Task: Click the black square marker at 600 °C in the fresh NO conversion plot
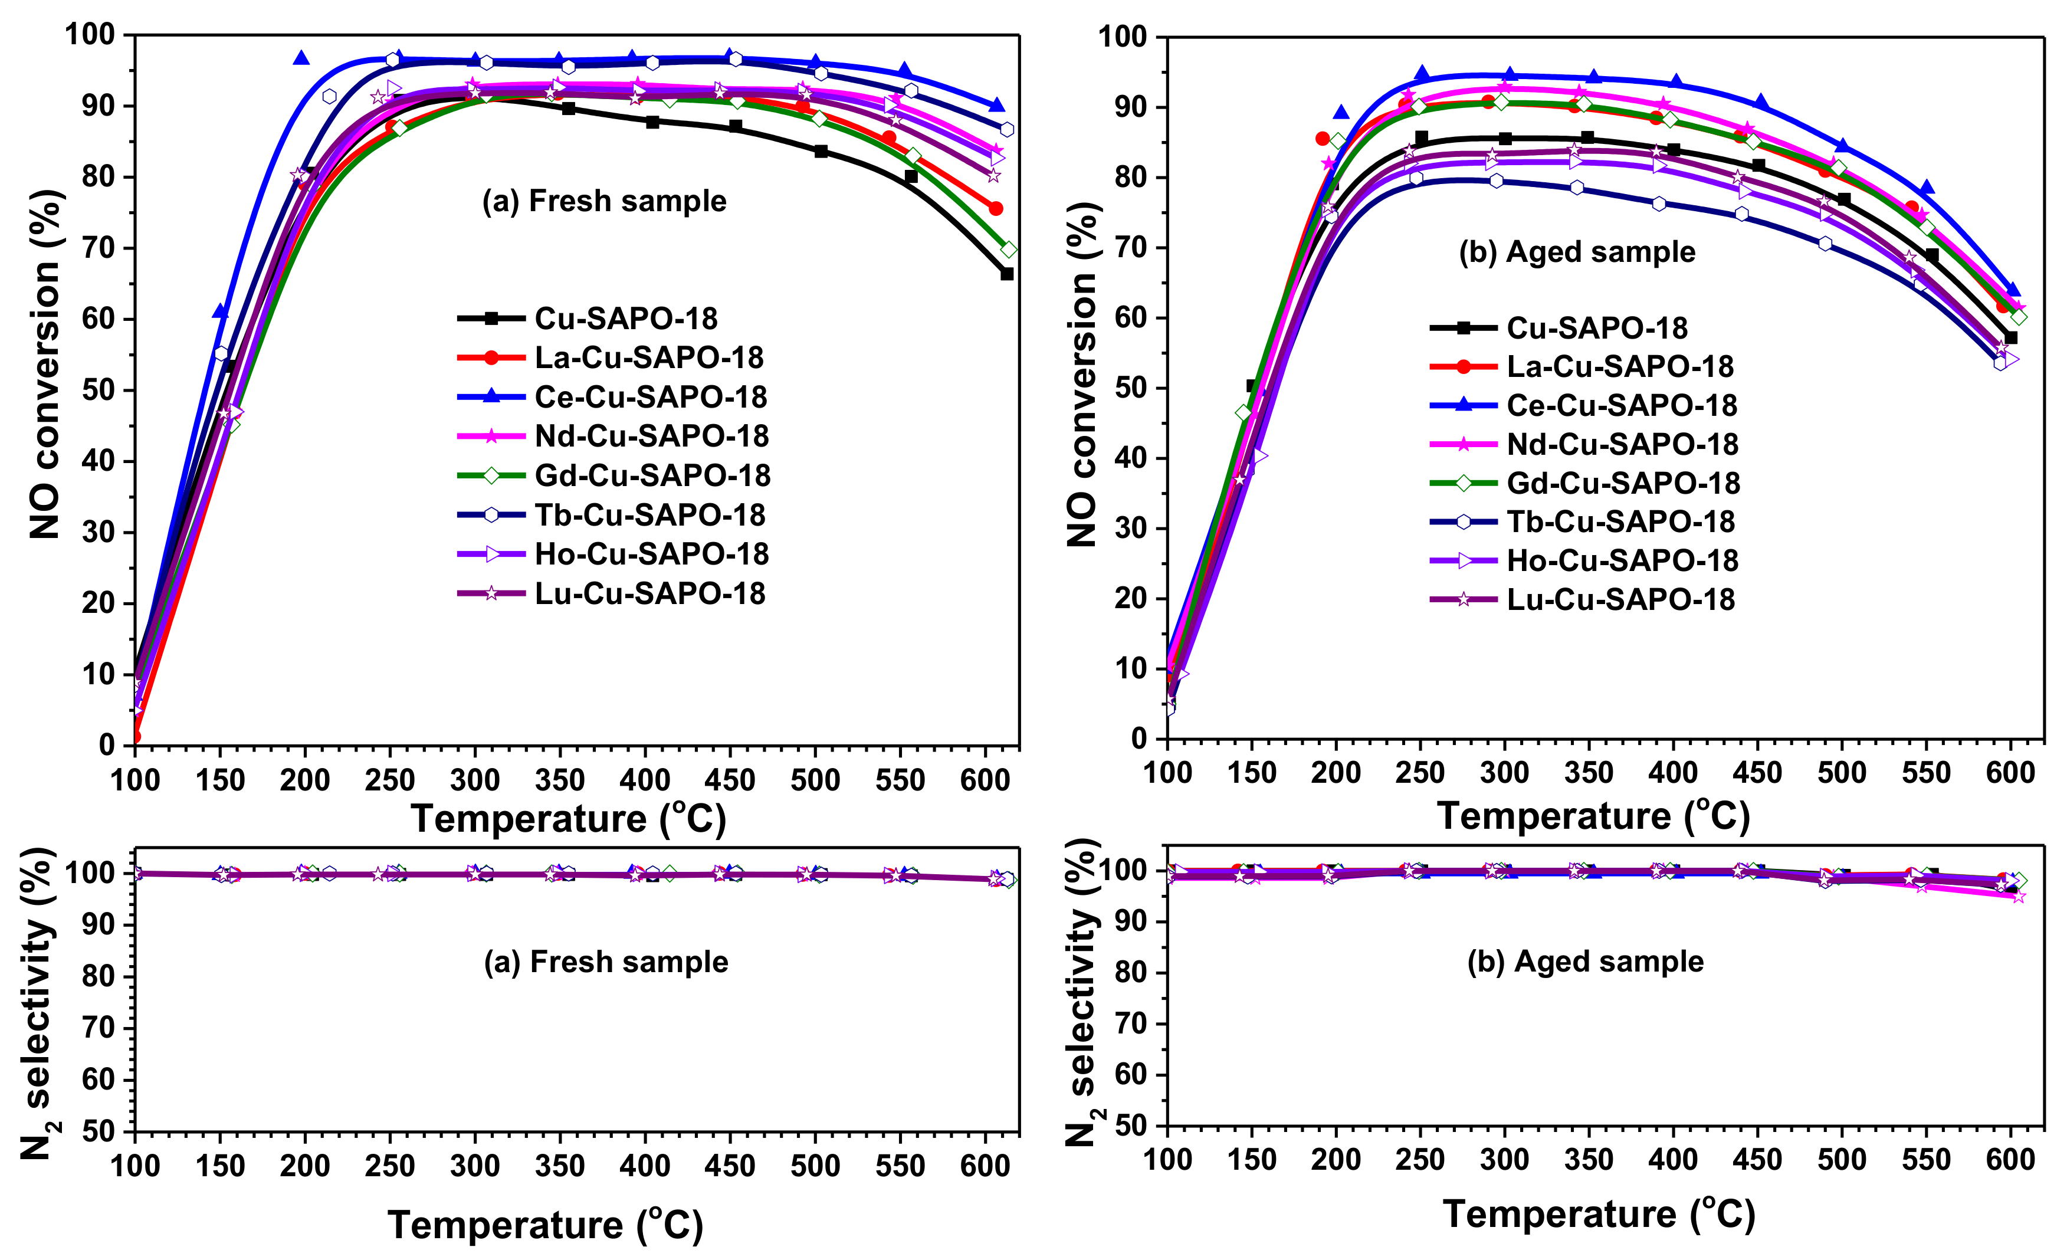click(1006, 274)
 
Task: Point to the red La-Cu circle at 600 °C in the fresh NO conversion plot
click(996, 208)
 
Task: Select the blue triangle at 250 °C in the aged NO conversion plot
click(1421, 74)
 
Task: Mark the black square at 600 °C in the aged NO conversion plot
click(2011, 338)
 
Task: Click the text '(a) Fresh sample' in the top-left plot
click(604, 201)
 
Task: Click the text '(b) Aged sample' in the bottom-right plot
click(1586, 962)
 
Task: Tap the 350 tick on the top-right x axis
click(1588, 773)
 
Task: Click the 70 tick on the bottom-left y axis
click(98, 1028)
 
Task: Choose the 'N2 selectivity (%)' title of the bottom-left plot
click(38, 1002)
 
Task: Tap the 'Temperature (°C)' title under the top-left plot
click(568, 819)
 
